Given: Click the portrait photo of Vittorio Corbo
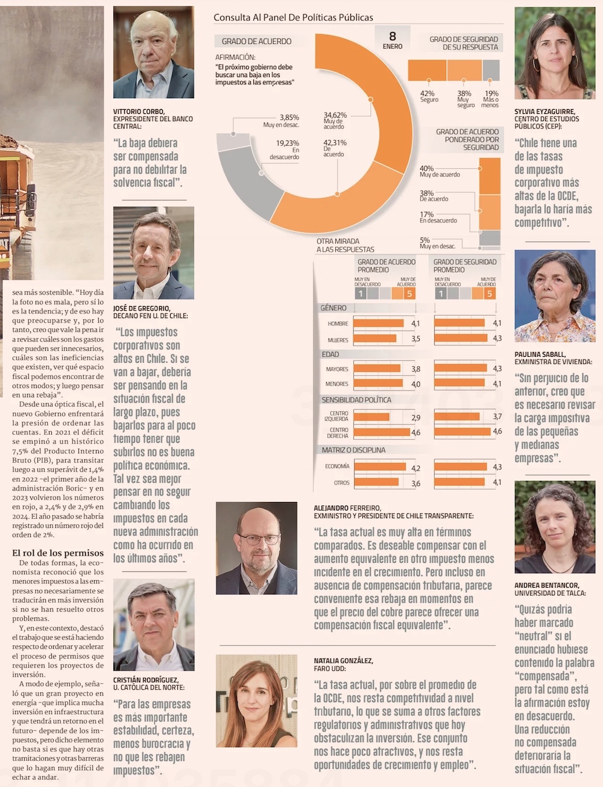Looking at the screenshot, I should click(x=153, y=52).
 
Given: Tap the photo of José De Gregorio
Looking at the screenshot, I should click(x=153, y=253).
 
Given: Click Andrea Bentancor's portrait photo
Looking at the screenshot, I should click(x=555, y=527).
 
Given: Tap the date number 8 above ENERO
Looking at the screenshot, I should click(x=393, y=36).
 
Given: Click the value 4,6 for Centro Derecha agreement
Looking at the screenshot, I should click(x=415, y=433).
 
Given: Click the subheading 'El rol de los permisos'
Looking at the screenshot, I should click(x=58, y=553).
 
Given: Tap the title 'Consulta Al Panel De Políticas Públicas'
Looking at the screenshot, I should click(x=293, y=17).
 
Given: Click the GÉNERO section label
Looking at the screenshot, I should click(x=333, y=308).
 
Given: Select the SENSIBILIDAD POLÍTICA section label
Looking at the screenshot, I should click(x=356, y=400).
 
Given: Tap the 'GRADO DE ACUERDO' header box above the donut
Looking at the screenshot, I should click(x=256, y=41).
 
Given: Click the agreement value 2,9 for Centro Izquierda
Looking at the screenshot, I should click(x=415, y=418).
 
